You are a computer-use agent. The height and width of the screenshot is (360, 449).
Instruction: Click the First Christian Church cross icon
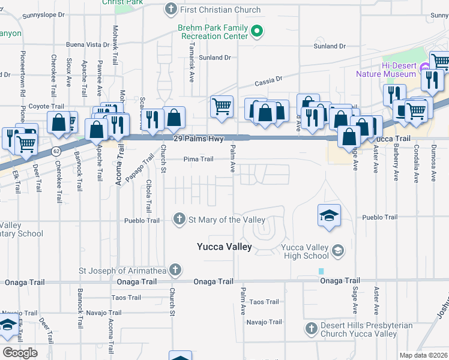point(171,10)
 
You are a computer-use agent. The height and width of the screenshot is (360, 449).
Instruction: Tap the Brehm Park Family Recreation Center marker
point(258,31)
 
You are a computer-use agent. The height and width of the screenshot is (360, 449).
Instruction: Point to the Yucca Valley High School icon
point(338,250)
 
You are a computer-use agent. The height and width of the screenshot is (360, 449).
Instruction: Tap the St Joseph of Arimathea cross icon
point(175,269)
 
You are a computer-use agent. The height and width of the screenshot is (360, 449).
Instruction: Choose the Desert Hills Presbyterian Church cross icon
point(311,328)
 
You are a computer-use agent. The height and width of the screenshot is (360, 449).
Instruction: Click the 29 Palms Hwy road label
point(198,139)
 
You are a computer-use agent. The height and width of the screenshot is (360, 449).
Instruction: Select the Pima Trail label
point(198,159)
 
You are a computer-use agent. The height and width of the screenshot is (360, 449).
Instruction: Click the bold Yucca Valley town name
point(224,247)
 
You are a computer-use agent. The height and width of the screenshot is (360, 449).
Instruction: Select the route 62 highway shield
point(55,149)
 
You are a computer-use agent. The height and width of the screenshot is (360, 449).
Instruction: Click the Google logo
point(20,353)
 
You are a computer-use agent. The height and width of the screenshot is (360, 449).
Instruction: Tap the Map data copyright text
point(424,355)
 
